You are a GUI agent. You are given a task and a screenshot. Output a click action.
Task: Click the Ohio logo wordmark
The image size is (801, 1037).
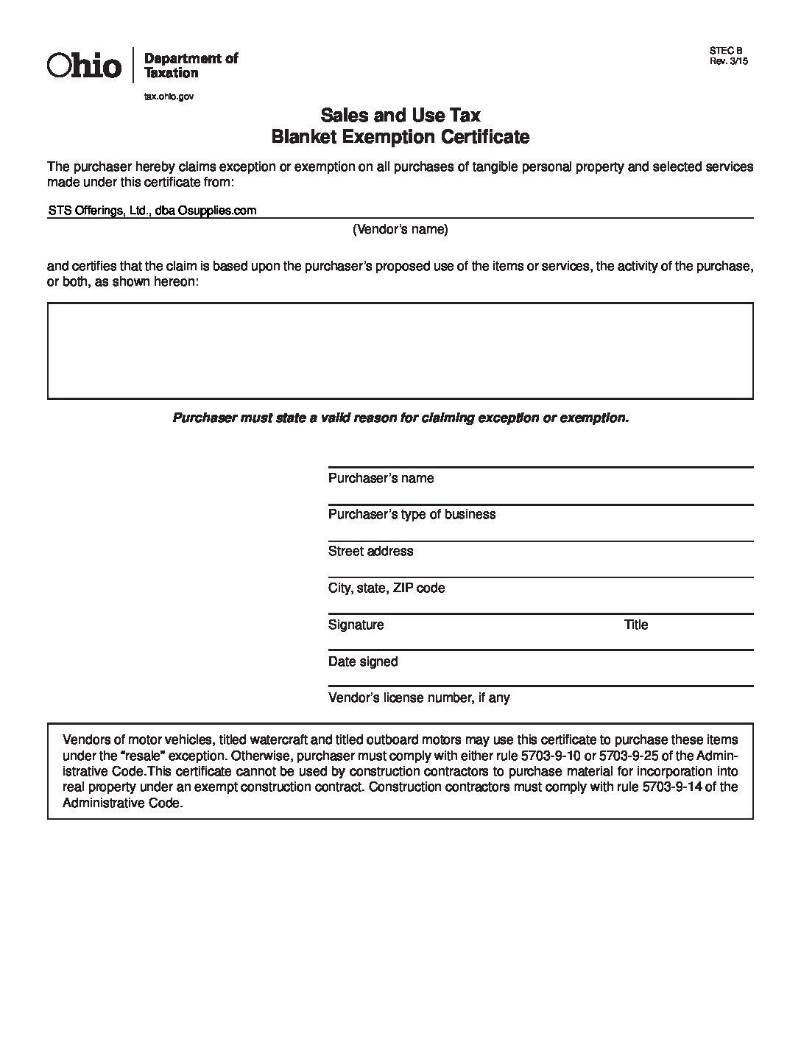84,66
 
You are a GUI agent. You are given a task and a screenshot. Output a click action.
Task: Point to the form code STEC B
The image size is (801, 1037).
726,52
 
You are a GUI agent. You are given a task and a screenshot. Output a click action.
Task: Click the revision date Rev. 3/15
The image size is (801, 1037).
728,62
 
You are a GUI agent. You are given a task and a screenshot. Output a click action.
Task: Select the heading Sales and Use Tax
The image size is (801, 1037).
400,115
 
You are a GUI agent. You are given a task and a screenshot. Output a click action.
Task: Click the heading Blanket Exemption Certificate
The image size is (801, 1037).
400,137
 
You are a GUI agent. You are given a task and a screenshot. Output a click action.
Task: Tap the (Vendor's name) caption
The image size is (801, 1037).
400,229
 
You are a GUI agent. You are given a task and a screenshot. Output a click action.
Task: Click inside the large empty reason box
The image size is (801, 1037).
400,351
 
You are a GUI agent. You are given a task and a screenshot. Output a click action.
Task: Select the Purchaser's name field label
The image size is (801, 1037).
381,478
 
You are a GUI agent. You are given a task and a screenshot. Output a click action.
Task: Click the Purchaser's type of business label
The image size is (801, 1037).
412,514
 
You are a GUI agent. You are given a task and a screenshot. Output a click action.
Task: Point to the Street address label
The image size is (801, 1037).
370,551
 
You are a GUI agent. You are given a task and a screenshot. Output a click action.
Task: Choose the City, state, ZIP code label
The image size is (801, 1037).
387,588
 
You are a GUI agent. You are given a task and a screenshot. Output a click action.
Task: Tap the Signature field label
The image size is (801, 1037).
356,625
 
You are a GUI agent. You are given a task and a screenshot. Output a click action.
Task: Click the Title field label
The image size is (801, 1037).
636,625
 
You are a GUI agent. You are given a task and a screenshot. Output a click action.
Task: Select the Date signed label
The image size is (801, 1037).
363,661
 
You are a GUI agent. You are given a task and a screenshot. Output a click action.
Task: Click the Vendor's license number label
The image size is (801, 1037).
419,697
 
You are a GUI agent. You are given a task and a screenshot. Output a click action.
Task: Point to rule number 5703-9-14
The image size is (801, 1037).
679,787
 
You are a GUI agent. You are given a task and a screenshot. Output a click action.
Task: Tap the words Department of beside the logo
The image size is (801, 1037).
191,58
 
